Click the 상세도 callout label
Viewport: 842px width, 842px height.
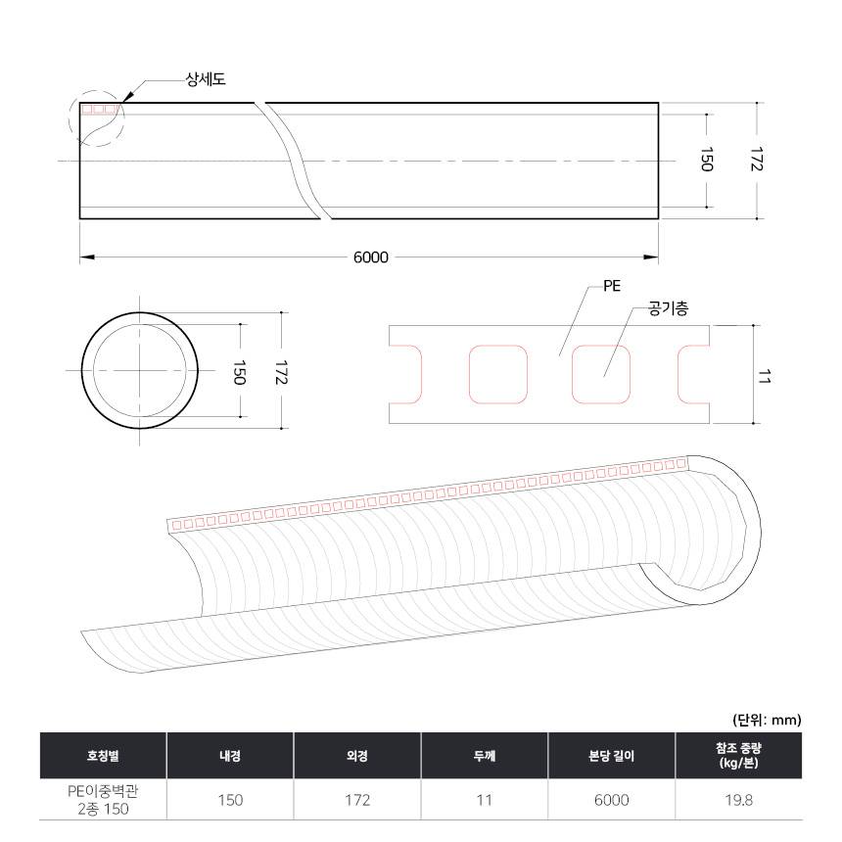pyautogui.click(x=206, y=79)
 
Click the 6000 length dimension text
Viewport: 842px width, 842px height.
pyautogui.click(x=370, y=257)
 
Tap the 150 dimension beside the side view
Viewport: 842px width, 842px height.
pyautogui.click(x=707, y=160)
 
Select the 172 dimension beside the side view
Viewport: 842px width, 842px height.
pyautogui.click(x=756, y=159)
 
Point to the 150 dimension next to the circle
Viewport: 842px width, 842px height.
pyautogui.click(x=240, y=373)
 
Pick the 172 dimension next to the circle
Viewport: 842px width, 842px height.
pyautogui.click(x=281, y=372)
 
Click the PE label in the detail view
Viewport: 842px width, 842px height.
pyautogui.click(x=612, y=286)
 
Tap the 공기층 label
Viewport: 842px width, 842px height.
pyautogui.click(x=668, y=308)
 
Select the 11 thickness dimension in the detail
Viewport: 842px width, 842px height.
pyautogui.click(x=764, y=376)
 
